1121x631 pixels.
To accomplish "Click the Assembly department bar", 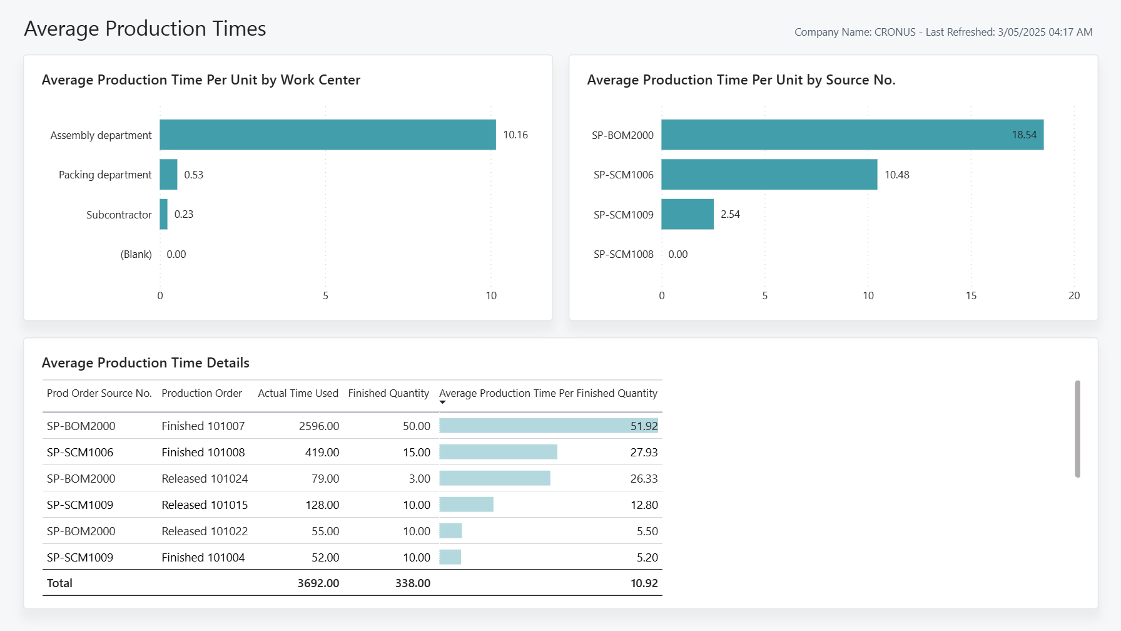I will [x=327, y=135].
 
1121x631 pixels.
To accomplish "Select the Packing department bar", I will [x=168, y=175].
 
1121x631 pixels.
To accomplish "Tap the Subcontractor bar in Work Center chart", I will [x=163, y=214].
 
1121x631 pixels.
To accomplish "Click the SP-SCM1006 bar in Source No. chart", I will [x=769, y=175].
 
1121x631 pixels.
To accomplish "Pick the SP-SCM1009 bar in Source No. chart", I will [x=687, y=214].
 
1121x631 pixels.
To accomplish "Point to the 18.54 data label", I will [x=1023, y=135].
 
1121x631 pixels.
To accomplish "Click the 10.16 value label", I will [x=515, y=135].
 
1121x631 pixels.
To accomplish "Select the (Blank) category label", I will [x=136, y=254].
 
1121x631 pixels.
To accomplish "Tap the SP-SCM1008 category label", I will [x=623, y=254].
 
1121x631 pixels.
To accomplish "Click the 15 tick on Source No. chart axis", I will [x=971, y=295].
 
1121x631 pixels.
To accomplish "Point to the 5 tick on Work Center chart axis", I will [x=325, y=295].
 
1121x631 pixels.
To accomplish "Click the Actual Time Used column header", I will [x=298, y=393].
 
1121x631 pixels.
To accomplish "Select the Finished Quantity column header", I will [x=388, y=393].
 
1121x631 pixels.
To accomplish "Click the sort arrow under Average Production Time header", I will [x=442, y=403].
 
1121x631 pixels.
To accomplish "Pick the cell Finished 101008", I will [x=203, y=452].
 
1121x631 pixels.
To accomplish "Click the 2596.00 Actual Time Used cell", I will [x=318, y=426].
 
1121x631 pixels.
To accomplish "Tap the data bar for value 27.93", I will [x=498, y=452].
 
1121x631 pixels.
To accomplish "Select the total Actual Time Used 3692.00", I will [x=318, y=583].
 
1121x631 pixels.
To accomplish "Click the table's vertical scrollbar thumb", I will [x=1077, y=429].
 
